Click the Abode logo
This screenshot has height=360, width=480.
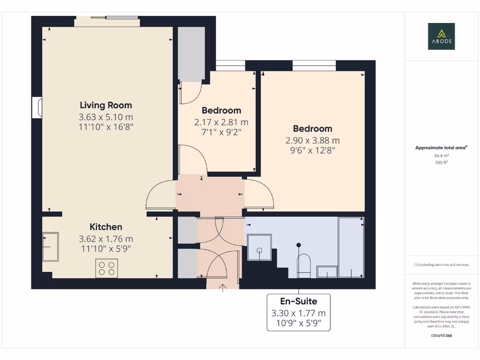click(x=441, y=37)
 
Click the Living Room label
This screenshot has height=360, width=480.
click(x=106, y=105)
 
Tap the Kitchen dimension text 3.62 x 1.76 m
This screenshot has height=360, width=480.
click(x=106, y=239)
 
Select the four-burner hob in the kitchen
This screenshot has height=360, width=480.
click(x=106, y=268)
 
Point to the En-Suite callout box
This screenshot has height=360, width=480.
click(x=299, y=312)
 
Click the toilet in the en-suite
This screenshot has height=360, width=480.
click(x=304, y=264)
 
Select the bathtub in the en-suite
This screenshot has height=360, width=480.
click(x=352, y=247)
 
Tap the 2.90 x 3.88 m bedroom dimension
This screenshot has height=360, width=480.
click(x=313, y=140)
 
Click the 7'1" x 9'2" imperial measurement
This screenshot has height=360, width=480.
click(x=221, y=132)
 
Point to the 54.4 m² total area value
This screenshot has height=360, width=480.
click(x=441, y=155)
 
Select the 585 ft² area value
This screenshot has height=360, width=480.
click(x=441, y=162)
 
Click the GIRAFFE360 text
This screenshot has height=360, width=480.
click(x=441, y=336)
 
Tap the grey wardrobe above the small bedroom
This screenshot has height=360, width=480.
click(x=191, y=54)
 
